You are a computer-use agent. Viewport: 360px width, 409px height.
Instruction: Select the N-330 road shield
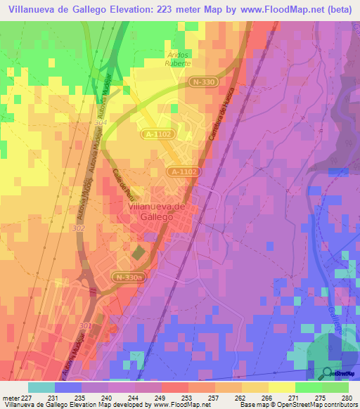click(x=203, y=82)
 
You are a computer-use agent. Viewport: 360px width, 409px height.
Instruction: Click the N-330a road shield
click(x=129, y=278)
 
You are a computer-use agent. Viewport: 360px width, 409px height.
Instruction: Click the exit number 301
click(x=85, y=326)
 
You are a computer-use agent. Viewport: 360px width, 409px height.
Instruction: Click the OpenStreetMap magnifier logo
click(x=328, y=373)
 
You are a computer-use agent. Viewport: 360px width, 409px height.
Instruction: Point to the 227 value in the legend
click(x=28, y=397)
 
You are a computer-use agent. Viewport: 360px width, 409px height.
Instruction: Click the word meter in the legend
click(x=10, y=397)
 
